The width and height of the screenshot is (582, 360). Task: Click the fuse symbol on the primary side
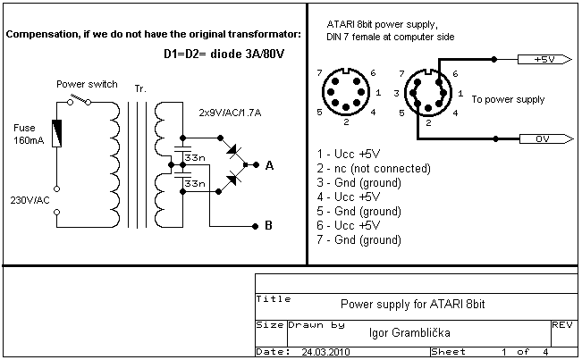[x=57, y=133]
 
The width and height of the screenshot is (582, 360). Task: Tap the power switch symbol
[x=79, y=99]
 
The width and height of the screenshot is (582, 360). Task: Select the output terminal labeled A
[x=256, y=165]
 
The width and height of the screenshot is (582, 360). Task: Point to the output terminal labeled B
[x=255, y=226]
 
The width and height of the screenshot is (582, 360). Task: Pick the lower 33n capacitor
[x=182, y=175]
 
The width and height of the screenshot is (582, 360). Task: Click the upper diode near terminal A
[x=233, y=150]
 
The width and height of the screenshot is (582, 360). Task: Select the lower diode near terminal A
[x=232, y=180]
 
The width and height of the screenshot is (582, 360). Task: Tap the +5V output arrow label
[x=544, y=59]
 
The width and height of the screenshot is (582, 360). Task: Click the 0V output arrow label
[x=546, y=139]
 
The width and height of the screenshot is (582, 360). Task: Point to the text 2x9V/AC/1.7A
[x=230, y=113]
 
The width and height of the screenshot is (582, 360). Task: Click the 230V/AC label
[x=30, y=201]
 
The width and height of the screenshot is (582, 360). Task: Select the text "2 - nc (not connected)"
[x=374, y=169]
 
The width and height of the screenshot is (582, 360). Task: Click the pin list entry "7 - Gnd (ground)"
[x=358, y=240]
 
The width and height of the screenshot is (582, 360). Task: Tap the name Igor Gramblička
[x=409, y=333]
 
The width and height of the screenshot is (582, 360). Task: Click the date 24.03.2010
[x=325, y=352]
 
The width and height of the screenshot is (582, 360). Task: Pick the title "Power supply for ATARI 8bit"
[x=413, y=305]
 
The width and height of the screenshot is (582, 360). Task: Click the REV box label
[x=562, y=325]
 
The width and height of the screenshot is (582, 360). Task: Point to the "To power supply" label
[x=508, y=99]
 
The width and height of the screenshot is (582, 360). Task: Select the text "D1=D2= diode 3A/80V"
[x=224, y=54]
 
